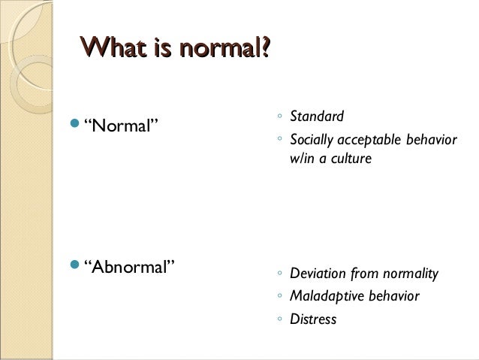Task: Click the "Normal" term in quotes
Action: (x=123, y=123)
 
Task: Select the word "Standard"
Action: (x=317, y=116)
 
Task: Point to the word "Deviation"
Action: (x=318, y=274)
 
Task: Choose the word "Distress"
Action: (x=313, y=319)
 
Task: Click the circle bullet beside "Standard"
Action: (x=279, y=117)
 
